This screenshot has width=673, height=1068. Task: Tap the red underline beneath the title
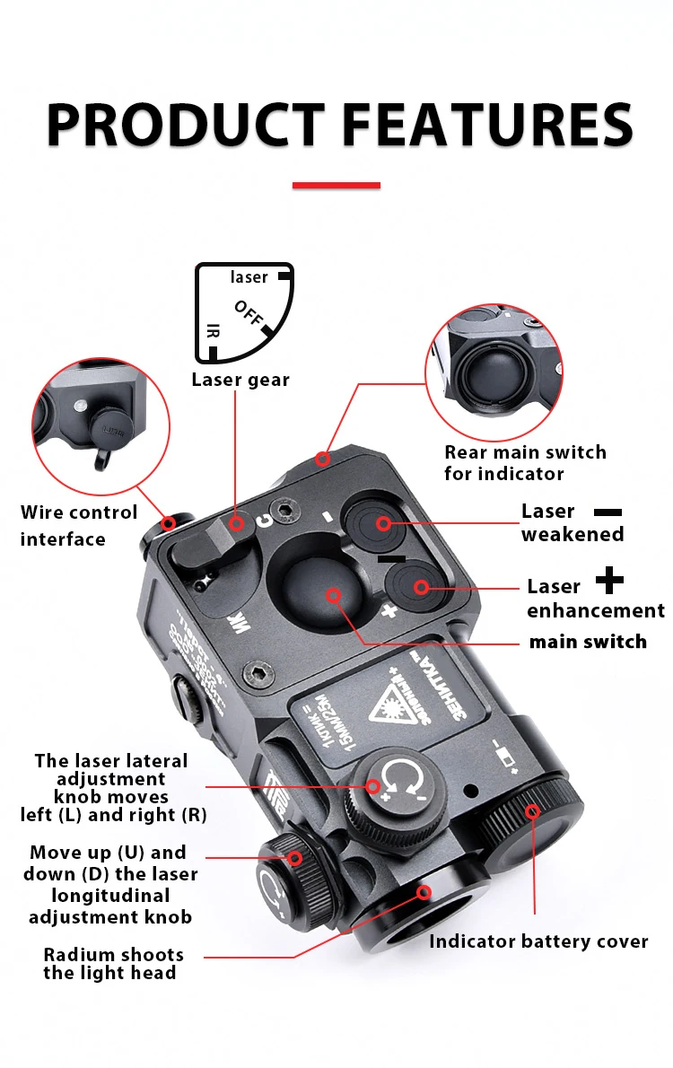point(336,186)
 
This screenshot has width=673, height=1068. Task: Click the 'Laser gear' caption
point(240,380)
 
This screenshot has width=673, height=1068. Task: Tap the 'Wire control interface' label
point(79,526)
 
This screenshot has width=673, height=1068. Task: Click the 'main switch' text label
point(588,642)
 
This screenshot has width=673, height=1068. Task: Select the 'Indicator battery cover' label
point(538,941)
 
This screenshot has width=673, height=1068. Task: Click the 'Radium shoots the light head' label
point(113,963)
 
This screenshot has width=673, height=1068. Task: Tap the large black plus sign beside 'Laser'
point(610,581)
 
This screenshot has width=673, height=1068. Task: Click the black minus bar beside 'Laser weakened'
point(607,512)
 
